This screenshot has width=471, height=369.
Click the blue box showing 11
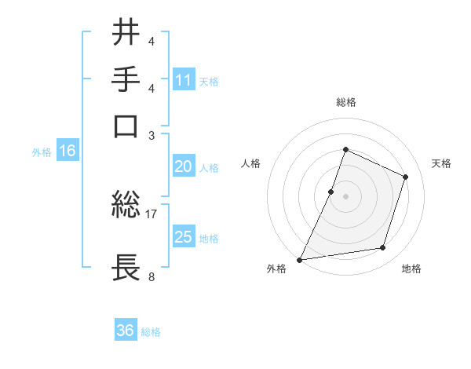184,79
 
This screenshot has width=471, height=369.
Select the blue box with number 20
184,166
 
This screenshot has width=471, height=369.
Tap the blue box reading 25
184,237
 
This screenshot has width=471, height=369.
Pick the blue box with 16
68,152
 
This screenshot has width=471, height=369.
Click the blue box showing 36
126,331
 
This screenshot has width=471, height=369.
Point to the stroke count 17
152,214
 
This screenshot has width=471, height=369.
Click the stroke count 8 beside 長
152,276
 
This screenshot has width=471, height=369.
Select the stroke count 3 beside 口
152,134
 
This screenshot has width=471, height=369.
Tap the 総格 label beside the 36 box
152,332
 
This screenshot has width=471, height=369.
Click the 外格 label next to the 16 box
42,152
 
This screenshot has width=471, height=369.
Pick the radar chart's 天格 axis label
441,163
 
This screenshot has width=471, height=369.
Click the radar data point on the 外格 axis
300,259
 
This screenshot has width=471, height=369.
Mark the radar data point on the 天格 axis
406,177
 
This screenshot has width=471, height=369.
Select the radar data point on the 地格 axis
383,248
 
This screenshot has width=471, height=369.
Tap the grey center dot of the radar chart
345,196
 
